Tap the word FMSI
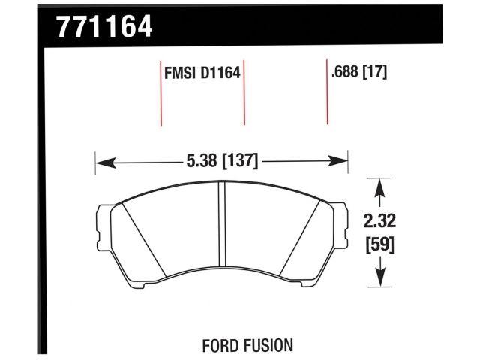(178, 73)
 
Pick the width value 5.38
(202, 160)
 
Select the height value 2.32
(381, 222)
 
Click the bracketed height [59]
(381, 244)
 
